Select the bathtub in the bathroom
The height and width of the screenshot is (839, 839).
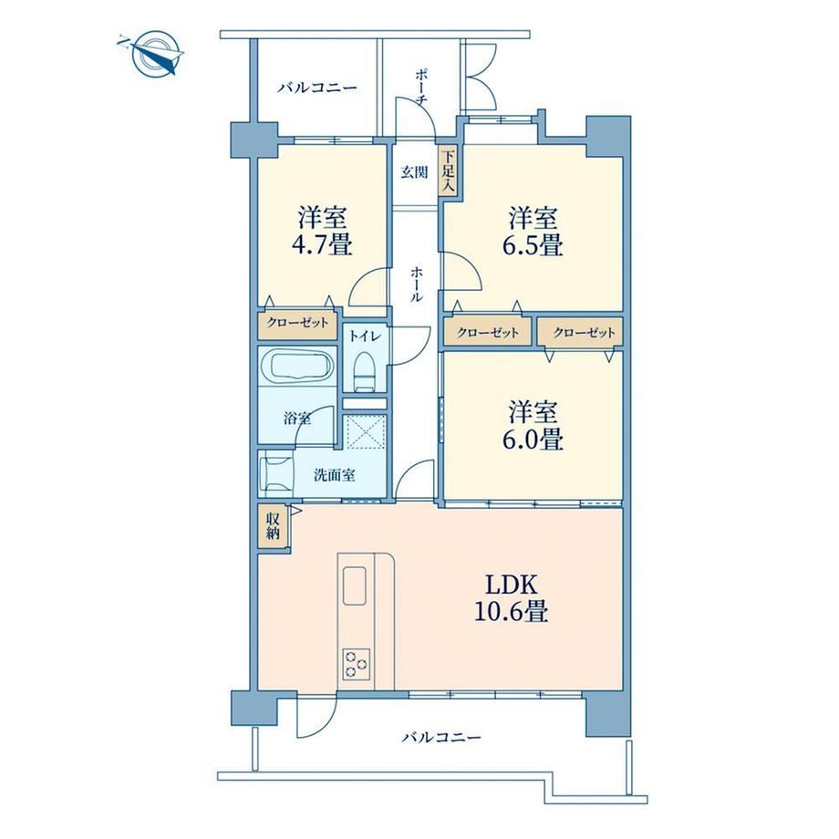point(296,367)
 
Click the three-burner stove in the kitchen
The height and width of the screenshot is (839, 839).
point(357,664)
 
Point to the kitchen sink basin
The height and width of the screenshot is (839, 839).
point(354,585)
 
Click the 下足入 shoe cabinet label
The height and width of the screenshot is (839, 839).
point(448,171)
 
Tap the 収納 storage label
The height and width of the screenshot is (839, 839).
point(273,526)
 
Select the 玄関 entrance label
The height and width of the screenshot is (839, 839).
point(415,172)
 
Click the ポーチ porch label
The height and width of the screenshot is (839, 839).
point(420,87)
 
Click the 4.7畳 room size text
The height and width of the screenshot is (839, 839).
point(322,245)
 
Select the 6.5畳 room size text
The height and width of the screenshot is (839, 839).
point(532,245)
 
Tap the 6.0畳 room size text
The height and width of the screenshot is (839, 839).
point(532,440)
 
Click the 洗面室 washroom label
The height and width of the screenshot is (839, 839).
point(335,474)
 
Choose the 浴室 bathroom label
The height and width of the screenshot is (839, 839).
point(297,418)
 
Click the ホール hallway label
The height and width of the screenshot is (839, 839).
point(416,285)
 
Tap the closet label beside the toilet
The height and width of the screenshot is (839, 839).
point(297,323)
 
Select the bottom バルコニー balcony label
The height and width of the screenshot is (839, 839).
point(441,738)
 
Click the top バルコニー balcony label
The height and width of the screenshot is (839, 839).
point(316,88)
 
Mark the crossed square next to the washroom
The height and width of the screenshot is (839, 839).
point(364,431)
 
